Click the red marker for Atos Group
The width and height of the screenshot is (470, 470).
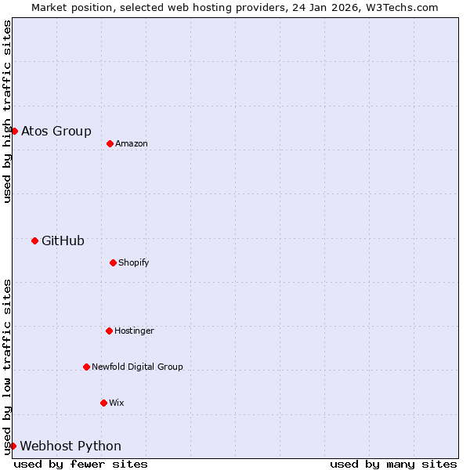tap(14, 131)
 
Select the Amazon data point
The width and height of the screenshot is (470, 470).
tap(110, 143)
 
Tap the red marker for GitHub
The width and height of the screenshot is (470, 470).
tap(34, 240)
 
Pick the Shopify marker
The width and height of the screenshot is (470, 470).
tap(113, 262)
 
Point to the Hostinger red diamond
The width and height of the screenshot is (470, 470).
tap(109, 331)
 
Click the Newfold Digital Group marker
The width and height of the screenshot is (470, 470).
tap(86, 367)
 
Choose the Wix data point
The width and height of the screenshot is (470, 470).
tap(103, 403)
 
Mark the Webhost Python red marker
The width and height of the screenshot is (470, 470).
tap(13, 446)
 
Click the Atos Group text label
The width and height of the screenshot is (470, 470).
tap(56, 131)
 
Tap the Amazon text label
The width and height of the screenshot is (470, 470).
tap(132, 143)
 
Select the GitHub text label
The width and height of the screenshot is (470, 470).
tap(63, 240)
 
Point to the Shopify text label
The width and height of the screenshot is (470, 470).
tap(134, 262)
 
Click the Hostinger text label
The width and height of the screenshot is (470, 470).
tap(134, 331)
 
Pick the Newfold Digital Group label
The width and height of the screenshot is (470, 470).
tap(137, 367)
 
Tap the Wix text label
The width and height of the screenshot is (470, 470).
tap(117, 403)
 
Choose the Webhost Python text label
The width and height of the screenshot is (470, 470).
tap(70, 446)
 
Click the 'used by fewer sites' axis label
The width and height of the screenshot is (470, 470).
tap(81, 464)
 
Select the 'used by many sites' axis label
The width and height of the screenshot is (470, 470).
tap(393, 464)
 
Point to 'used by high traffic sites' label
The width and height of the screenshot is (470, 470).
tap(7, 111)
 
